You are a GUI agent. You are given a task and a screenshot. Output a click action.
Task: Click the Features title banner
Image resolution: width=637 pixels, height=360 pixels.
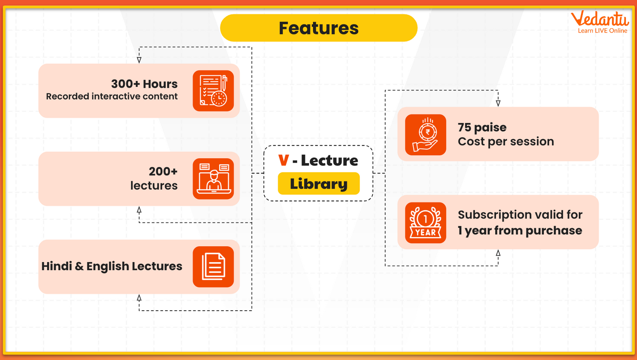pyautogui.click(x=318, y=28)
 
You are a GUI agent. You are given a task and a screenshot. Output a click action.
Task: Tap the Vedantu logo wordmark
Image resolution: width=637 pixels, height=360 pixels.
pyautogui.click(x=599, y=19)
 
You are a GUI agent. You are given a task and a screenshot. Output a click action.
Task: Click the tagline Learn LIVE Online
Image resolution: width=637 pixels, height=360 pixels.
pyautogui.click(x=602, y=31)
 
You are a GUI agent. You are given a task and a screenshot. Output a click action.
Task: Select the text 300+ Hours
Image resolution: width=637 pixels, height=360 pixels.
pyautogui.click(x=144, y=84)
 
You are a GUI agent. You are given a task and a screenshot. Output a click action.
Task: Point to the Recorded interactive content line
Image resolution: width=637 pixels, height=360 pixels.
pyautogui.click(x=112, y=96)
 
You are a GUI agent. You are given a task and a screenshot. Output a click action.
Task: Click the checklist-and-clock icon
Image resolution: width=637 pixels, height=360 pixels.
pyautogui.click(x=213, y=91)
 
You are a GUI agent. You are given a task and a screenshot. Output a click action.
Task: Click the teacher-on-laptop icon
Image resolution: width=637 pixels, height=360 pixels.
pyautogui.click(x=213, y=179)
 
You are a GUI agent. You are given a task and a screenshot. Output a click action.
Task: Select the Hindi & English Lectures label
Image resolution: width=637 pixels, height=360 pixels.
pyautogui.click(x=112, y=266)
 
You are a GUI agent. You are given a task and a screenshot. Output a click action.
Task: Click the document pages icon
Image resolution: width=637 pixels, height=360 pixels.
pyautogui.click(x=213, y=267)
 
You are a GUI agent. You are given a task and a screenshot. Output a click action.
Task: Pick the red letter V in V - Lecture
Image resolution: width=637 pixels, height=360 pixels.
pyautogui.click(x=283, y=160)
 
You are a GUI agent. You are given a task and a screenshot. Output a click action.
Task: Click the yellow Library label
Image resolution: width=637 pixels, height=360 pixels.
pyautogui.click(x=318, y=184)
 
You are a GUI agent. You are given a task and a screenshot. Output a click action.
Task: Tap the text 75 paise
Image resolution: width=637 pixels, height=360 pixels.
pyautogui.click(x=482, y=127)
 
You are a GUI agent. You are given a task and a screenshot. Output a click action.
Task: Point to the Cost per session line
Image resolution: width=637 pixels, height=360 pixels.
pyautogui.click(x=506, y=141)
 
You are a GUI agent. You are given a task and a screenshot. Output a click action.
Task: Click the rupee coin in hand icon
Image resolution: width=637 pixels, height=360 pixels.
pyautogui.click(x=425, y=135)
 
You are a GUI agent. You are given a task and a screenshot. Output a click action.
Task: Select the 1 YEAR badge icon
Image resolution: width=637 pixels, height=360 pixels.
pyautogui.click(x=425, y=223)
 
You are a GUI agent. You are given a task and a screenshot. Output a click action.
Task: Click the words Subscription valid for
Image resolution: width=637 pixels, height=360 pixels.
pyautogui.click(x=520, y=215)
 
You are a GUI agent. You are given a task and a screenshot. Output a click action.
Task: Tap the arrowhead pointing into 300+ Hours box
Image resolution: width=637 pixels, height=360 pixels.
pyautogui.click(x=139, y=60)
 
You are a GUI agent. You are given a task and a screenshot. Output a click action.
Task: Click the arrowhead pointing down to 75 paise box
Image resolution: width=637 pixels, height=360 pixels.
pyautogui.click(x=498, y=103)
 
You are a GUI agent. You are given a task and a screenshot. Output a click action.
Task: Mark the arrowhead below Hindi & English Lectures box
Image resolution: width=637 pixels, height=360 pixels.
pyautogui.click(x=139, y=298)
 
